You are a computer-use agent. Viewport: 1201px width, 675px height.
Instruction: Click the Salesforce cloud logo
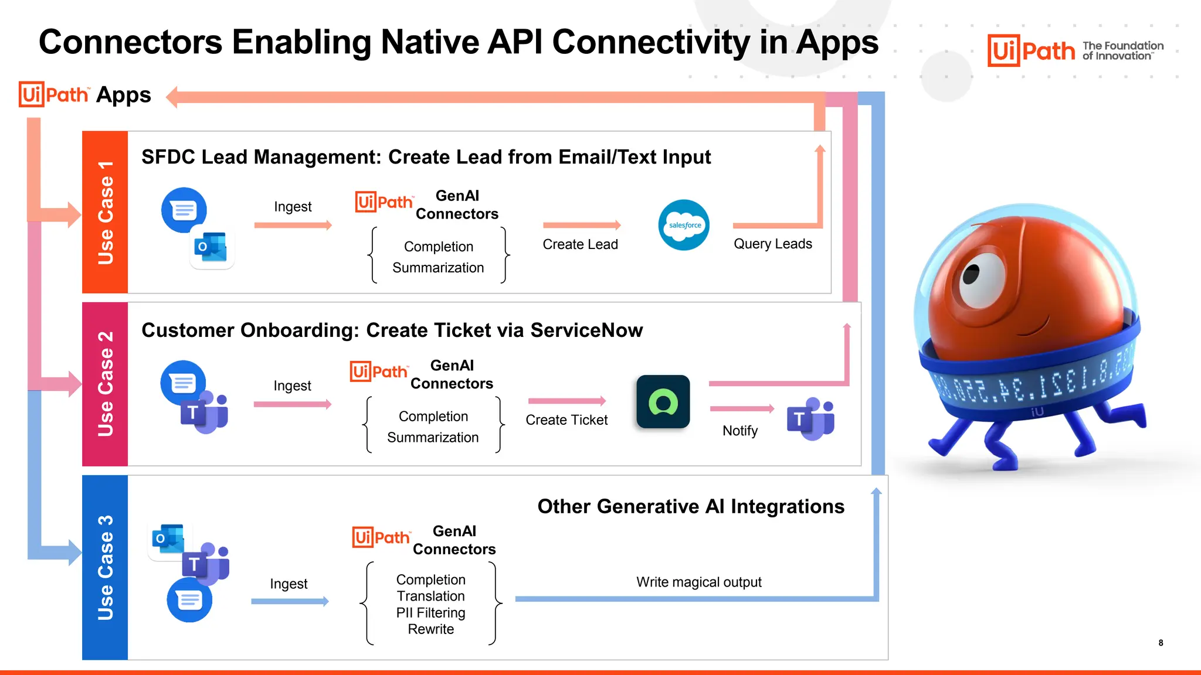pos(684,225)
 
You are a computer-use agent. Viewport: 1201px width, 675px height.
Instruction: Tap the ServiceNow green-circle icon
pos(663,402)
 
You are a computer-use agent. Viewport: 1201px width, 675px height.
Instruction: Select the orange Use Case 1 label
pos(105,212)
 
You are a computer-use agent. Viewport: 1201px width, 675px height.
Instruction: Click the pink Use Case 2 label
pos(105,384)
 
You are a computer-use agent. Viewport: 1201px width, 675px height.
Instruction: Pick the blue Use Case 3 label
pos(105,567)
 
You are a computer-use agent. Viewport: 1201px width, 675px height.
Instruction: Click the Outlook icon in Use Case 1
pos(211,247)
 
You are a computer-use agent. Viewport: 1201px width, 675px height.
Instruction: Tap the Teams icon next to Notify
pos(811,418)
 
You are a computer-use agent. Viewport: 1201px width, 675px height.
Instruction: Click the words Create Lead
pos(580,244)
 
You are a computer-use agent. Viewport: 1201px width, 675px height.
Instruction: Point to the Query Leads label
pos(772,244)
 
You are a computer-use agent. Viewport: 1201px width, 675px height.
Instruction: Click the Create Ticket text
pos(566,420)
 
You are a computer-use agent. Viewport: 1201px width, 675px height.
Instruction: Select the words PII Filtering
pos(430,613)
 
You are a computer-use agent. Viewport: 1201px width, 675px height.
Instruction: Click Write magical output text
pos(698,582)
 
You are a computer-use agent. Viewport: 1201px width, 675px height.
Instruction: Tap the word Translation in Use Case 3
pos(430,596)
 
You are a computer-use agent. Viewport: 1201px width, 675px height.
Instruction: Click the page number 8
pos(1161,643)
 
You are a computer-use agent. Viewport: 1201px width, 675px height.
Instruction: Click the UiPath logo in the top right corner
pos(1031,51)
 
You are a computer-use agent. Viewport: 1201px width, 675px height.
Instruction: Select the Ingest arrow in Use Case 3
pos(290,601)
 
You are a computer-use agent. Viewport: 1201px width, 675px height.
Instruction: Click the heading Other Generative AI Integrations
pos(691,506)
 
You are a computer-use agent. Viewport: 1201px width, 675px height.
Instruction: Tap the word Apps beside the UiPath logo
pos(123,95)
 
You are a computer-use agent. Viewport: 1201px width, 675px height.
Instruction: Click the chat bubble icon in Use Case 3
pos(189,600)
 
